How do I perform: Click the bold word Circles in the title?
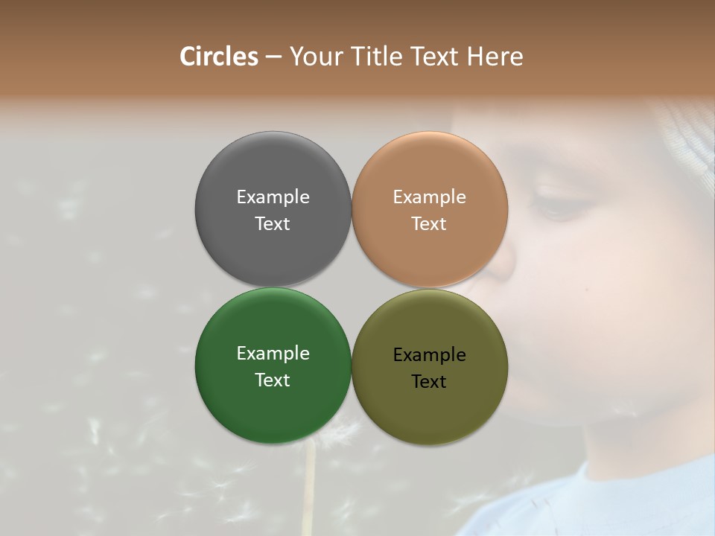click(219, 57)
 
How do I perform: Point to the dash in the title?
click(273, 57)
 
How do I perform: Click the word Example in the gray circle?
click(273, 197)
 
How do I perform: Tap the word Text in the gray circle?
click(273, 223)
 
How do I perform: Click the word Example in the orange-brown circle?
click(429, 197)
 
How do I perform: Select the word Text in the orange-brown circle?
click(429, 223)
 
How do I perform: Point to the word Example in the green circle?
click(273, 354)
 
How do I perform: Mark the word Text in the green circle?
click(273, 380)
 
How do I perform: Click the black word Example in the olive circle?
click(429, 355)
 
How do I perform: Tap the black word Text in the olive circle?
click(429, 381)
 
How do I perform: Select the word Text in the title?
click(436, 57)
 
